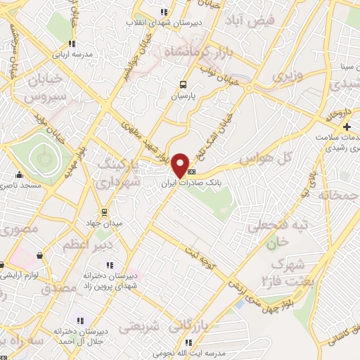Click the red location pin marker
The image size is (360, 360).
click(x=180, y=165)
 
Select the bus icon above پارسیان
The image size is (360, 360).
click(x=184, y=82)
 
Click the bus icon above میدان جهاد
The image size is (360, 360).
click(x=104, y=212)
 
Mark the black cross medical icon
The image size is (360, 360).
click(x=347, y=127)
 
